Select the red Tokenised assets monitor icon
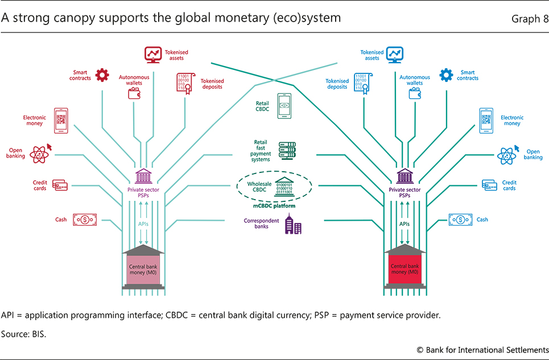tap(152, 55)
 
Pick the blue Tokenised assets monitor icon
tap(395, 55)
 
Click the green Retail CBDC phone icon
tap(285, 106)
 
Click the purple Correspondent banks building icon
tap(293, 226)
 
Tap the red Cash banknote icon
tap(84, 220)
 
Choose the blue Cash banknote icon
tap(460, 220)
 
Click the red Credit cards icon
tap(60, 185)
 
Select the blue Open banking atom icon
tap(506, 154)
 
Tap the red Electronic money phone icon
tap(61, 120)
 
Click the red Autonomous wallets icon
tap(135, 93)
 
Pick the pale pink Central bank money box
tap(143, 269)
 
